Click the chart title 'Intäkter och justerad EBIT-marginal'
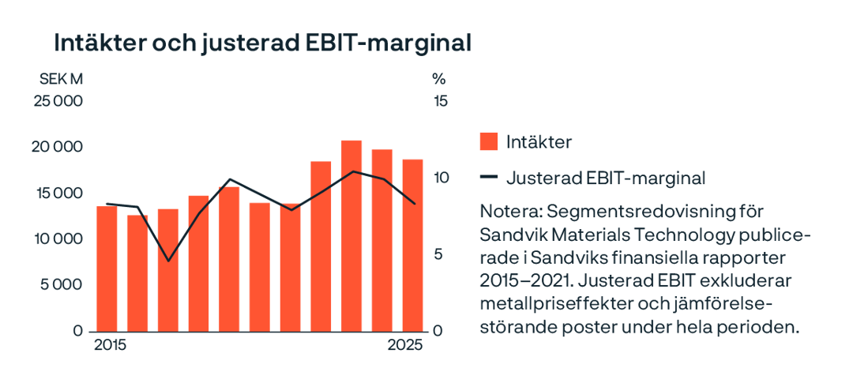point(261,43)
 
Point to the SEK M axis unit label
point(62,80)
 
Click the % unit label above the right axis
point(439,80)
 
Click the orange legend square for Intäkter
point(489,141)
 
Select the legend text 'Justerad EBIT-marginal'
point(605,178)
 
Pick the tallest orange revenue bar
point(351,235)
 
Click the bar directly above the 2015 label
point(107,269)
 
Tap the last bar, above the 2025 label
point(412,245)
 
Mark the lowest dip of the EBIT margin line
point(167,260)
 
